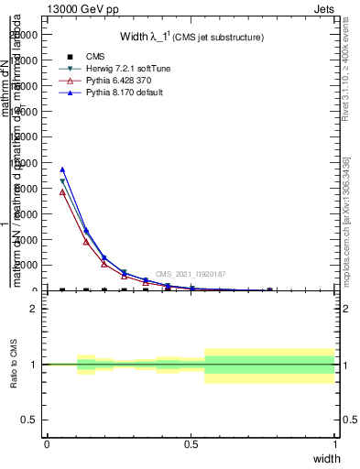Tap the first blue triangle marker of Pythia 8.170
[x=62, y=169]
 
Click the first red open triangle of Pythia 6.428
[x=62, y=192]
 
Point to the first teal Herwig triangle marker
[x=62, y=181]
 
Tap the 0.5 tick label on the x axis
[x=191, y=444]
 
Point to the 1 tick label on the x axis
[x=335, y=444]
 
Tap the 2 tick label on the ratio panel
[x=34, y=309]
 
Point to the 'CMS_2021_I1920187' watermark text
[x=191, y=275]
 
